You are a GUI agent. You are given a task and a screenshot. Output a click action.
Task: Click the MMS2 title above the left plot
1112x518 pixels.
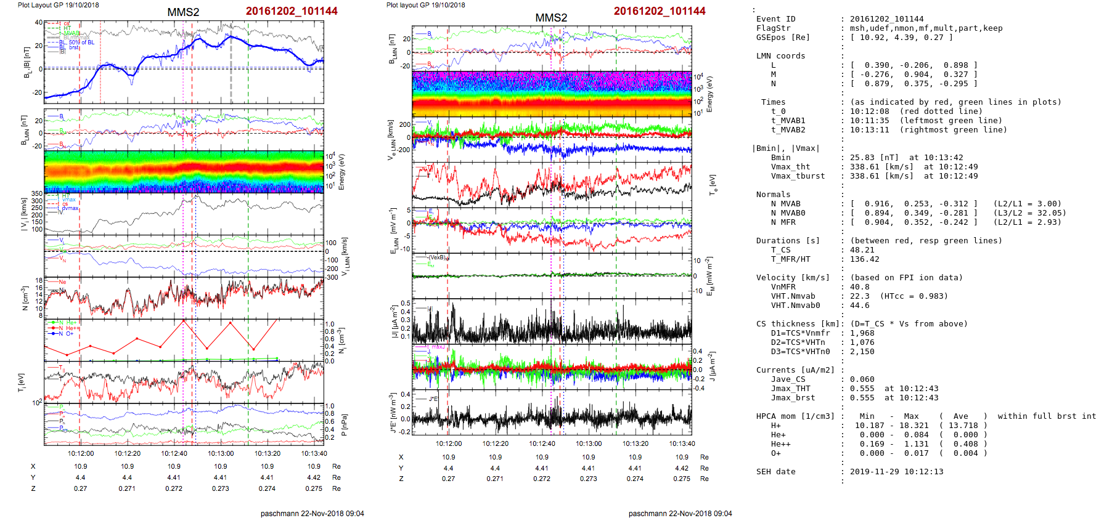point(183,12)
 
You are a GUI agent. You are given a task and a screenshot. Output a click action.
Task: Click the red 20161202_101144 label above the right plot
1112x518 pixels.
point(660,11)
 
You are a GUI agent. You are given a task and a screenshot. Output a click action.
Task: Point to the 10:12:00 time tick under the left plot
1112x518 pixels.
point(81,453)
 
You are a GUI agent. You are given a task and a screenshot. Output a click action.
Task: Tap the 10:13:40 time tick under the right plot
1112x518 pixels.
point(682,443)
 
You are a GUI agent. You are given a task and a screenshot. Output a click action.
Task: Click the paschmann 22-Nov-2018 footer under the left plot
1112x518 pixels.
point(312,513)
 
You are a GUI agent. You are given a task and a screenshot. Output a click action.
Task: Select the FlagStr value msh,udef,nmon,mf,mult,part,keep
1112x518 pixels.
point(926,28)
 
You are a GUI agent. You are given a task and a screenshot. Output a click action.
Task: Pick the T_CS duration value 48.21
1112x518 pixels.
point(862,250)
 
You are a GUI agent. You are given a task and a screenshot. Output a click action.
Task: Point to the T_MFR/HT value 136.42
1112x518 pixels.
point(864,259)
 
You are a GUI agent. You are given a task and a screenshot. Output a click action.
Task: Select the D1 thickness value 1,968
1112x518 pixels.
point(862,333)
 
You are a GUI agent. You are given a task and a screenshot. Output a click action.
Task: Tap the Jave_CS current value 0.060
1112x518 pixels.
point(862,379)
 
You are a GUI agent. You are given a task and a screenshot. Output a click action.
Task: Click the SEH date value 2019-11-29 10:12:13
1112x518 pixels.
point(896,472)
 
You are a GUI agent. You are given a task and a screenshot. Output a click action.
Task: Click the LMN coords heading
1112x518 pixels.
point(780,56)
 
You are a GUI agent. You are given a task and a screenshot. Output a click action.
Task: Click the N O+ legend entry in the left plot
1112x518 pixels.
point(65,334)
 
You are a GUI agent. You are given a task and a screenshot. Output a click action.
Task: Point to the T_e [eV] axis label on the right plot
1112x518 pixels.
point(713,184)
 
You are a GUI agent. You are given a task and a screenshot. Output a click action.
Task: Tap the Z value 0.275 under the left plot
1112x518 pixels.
point(314,488)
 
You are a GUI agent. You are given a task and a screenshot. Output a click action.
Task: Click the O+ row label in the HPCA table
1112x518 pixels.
point(775,453)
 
